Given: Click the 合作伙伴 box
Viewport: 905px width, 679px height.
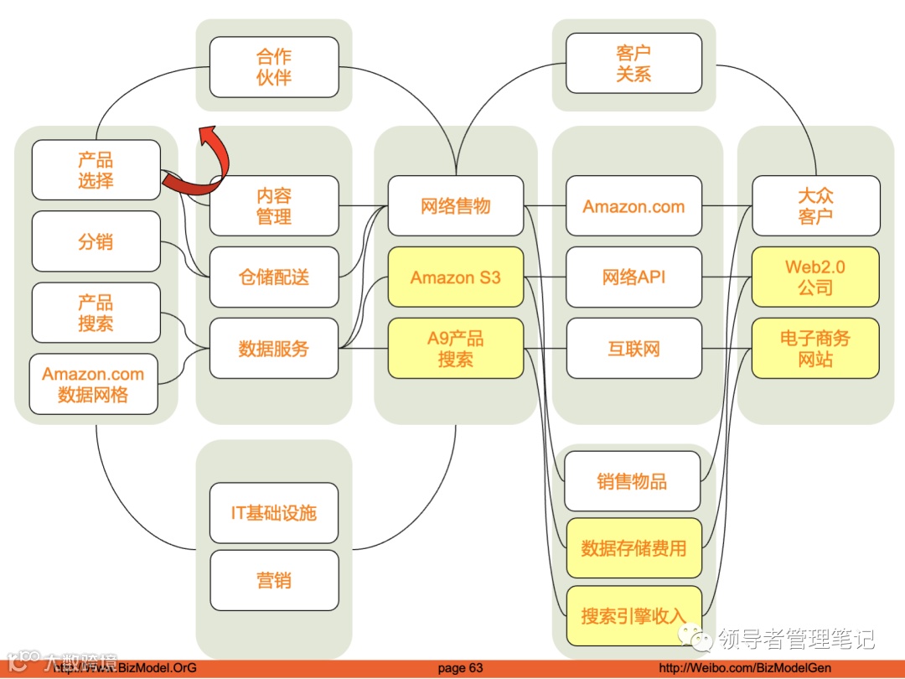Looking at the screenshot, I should (274, 67).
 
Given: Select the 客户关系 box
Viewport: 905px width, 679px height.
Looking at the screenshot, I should (633, 63).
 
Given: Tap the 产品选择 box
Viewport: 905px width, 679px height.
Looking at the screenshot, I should (96, 170).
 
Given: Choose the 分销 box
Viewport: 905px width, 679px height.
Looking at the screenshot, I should (96, 241).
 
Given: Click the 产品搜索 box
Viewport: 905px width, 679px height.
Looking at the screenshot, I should (96, 313).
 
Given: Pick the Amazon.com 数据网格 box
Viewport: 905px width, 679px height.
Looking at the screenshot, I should (93, 385).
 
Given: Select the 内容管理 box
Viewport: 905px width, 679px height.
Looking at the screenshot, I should (274, 205).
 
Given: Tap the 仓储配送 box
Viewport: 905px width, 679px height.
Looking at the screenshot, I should (274, 277).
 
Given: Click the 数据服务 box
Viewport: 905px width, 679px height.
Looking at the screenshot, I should (274, 348).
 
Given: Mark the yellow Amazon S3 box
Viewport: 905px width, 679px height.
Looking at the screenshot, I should (456, 277).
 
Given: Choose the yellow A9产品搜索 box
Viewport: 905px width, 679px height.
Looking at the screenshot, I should (456, 348).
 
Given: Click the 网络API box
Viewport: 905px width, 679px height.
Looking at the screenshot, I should (633, 277).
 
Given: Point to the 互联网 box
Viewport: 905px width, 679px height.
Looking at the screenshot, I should (633, 348).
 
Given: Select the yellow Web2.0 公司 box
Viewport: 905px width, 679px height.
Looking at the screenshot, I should (815, 277).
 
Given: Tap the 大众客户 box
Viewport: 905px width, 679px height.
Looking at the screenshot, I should (815, 205).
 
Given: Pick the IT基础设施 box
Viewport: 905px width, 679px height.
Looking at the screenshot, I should (274, 513).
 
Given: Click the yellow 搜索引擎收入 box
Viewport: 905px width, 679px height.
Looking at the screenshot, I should (633, 616).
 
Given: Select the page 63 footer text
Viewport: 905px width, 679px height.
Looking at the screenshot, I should (461, 668).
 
